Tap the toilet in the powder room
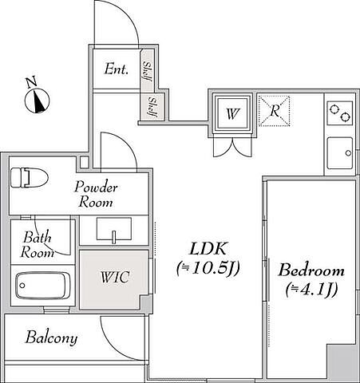[x=30, y=177]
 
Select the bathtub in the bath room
[x=43, y=286]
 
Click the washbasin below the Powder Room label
[x=114, y=230]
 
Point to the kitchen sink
[x=340, y=153]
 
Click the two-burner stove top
[x=340, y=113]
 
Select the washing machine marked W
[x=232, y=113]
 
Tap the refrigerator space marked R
[x=274, y=111]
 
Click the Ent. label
[x=117, y=69]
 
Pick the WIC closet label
[x=115, y=277]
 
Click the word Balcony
[x=52, y=338]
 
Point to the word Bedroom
[x=311, y=270]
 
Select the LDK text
[x=208, y=249]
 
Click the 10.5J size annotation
[x=208, y=268]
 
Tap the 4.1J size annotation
[x=311, y=290]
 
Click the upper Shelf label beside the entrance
[x=147, y=72]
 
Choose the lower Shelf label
[x=152, y=107]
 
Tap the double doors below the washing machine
[x=232, y=147]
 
